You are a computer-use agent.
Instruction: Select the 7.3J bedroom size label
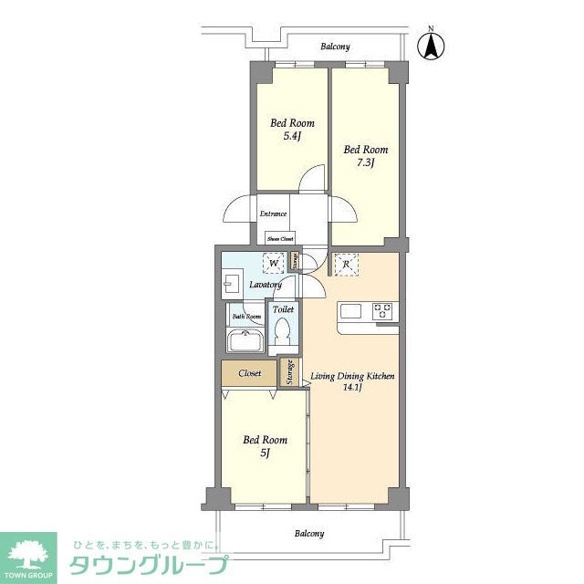(x=365, y=162)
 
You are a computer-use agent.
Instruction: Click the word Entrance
(x=273, y=214)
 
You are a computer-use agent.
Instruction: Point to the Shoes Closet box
(x=280, y=238)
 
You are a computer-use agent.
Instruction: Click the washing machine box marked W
(x=274, y=264)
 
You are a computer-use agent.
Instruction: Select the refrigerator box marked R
(x=347, y=264)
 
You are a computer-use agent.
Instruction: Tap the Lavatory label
(x=266, y=285)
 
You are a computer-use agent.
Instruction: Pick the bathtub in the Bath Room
(x=245, y=343)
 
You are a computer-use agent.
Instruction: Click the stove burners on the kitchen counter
(x=383, y=310)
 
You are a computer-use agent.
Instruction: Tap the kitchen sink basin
(x=351, y=310)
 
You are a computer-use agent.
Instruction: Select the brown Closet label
(x=250, y=373)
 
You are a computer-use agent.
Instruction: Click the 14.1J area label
(x=352, y=387)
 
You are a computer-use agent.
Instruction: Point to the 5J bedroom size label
(x=264, y=452)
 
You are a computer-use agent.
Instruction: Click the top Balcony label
(x=335, y=47)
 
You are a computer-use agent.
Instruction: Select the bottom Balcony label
(x=310, y=533)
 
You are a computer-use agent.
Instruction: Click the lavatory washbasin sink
(x=230, y=286)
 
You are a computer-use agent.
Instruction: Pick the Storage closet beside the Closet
(x=289, y=373)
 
